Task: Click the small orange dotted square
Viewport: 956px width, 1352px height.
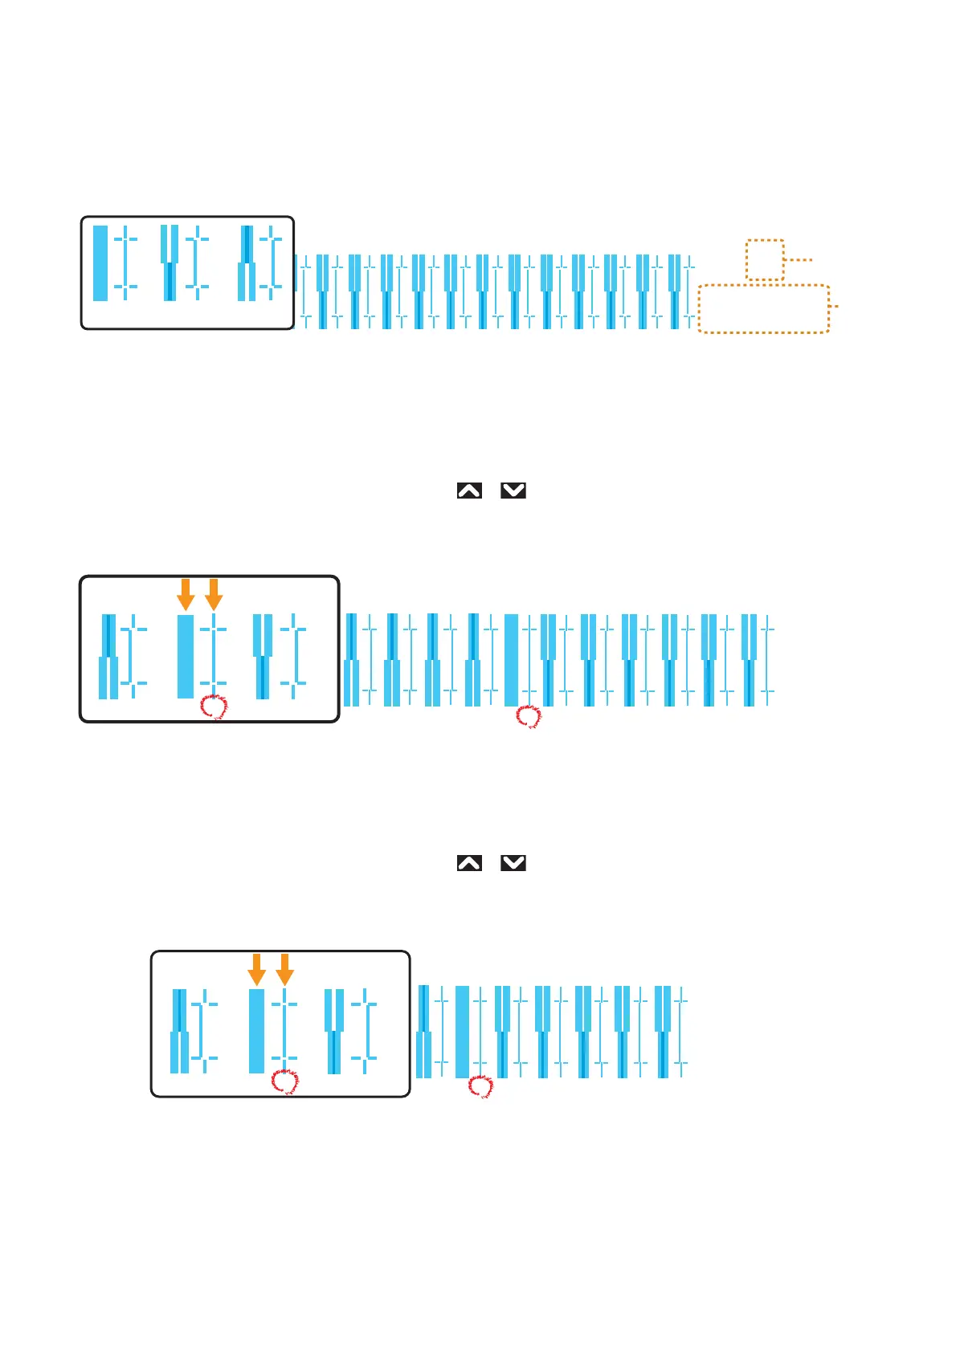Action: click(765, 259)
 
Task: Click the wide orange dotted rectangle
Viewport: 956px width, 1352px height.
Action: click(763, 308)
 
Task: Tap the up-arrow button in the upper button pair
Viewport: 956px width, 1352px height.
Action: click(469, 491)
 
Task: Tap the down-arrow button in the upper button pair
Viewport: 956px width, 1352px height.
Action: click(513, 491)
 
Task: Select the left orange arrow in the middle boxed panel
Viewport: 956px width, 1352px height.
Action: click(186, 594)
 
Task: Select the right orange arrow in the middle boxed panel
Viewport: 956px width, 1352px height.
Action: click(214, 594)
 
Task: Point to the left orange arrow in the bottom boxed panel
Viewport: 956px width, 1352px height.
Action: click(256, 969)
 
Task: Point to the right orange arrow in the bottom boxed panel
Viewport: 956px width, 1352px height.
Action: click(284, 969)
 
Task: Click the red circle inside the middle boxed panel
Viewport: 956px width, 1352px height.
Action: click(214, 707)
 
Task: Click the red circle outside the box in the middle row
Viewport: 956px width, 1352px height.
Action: click(529, 716)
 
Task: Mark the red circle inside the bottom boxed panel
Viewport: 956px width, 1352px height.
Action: click(285, 1081)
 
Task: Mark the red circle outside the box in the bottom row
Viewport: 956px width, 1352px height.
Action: click(480, 1087)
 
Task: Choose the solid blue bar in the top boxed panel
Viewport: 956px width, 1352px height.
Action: click(100, 263)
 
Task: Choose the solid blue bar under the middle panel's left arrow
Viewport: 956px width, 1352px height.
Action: click(186, 656)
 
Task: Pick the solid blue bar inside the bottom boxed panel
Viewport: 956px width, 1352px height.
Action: click(256, 1031)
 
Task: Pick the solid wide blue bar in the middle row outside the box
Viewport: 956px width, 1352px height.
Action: click(511, 660)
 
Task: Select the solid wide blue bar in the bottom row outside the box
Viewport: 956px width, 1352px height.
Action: click(462, 1032)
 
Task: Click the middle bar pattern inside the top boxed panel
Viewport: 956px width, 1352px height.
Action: click(170, 263)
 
